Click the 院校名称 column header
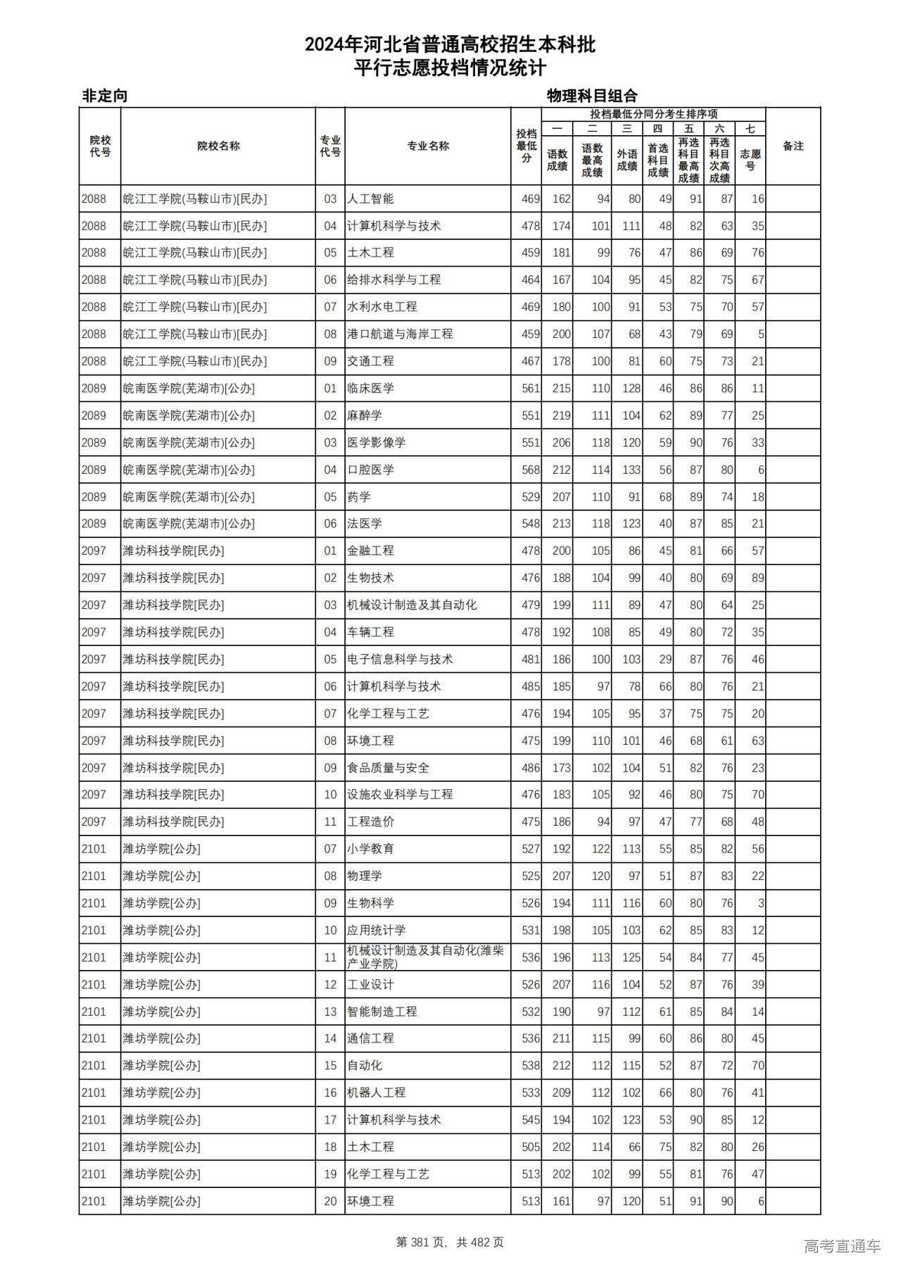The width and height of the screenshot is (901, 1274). (x=218, y=146)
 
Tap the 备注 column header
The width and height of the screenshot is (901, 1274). (x=793, y=146)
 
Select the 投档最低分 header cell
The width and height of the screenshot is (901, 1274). (x=526, y=146)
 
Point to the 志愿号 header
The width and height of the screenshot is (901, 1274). (x=750, y=160)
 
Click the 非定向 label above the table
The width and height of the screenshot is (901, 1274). (x=105, y=96)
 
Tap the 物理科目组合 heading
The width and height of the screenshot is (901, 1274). (x=592, y=96)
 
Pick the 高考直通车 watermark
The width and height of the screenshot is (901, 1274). (x=842, y=1246)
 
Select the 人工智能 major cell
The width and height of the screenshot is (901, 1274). (x=370, y=199)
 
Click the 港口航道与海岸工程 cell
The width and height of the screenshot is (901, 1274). (x=400, y=334)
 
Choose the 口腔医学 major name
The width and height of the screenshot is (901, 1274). (x=370, y=470)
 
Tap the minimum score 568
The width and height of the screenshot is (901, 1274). (x=531, y=470)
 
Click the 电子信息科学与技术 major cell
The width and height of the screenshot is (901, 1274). (x=400, y=660)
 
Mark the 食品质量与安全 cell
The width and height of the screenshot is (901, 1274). (x=388, y=768)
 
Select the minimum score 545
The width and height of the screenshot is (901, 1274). (x=531, y=1120)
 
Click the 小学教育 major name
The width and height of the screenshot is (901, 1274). (x=370, y=849)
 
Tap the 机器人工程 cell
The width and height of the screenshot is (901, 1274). (x=377, y=1093)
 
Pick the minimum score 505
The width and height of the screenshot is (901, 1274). (x=531, y=1147)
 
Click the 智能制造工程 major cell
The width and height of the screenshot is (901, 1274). (x=382, y=1011)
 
